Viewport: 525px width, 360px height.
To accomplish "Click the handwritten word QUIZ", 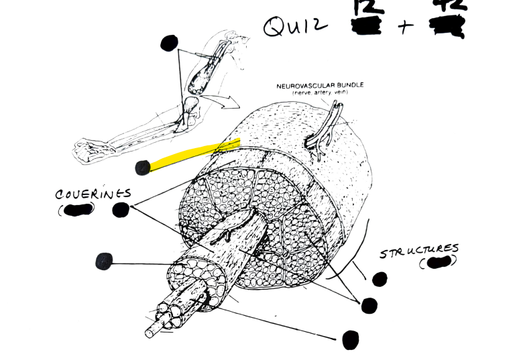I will (296, 27).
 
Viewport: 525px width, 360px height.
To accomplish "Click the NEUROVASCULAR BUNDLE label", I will (320, 86).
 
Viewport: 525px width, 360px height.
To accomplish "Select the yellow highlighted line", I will (194, 154).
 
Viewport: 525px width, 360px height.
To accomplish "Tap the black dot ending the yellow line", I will (142, 168).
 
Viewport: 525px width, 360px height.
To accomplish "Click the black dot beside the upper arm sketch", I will (169, 44).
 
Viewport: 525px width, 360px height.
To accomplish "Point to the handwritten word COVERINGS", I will (93, 194).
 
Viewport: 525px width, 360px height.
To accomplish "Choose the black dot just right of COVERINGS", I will (121, 210).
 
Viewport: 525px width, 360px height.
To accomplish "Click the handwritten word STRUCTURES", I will (420, 252).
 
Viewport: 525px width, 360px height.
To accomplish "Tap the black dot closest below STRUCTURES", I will (380, 279).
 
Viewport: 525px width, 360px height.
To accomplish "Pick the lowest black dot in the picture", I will (350, 340).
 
